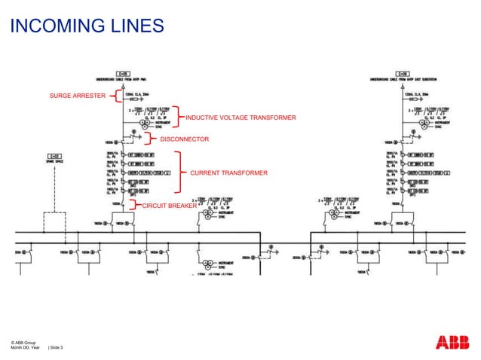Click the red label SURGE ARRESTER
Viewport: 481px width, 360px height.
coord(77,96)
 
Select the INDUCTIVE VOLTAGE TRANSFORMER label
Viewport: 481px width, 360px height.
coord(240,118)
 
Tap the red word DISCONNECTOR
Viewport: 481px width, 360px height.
coord(185,139)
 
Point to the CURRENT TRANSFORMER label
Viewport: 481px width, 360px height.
coord(228,173)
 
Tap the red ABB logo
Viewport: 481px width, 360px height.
coord(452,343)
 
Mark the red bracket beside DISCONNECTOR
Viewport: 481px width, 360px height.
coord(149,139)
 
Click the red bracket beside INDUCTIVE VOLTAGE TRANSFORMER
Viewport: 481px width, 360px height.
coord(177,117)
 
